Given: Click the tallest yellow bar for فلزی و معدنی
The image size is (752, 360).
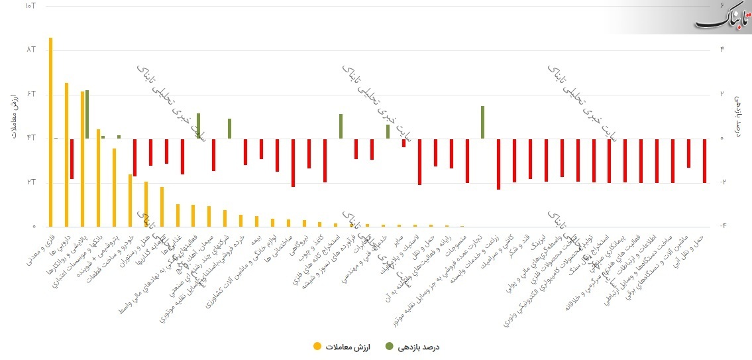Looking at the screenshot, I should (50, 133).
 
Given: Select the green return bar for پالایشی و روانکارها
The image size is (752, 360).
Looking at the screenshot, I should (87, 114).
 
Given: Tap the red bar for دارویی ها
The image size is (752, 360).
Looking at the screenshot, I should (72, 159).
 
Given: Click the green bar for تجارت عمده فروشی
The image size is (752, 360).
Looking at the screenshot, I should (482, 122).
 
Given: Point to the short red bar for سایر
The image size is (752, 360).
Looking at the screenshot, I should (403, 143).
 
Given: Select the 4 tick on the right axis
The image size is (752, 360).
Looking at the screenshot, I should (722, 50).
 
